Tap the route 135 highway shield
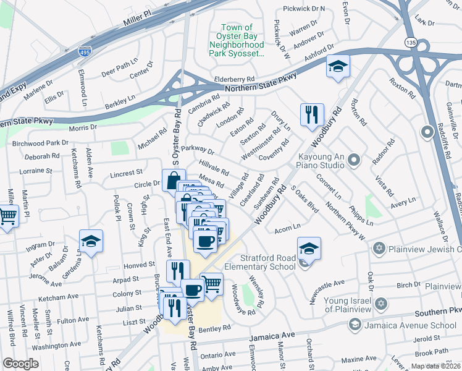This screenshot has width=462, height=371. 422,43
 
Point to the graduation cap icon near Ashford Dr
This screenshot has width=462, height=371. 338,67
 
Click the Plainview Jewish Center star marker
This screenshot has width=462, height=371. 379,249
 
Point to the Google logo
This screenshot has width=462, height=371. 20,363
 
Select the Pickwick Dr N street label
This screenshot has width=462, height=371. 304,9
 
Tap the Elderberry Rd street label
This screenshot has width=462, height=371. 234,80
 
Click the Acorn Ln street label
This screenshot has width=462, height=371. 287,226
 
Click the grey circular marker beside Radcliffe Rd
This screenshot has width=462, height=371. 427,132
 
